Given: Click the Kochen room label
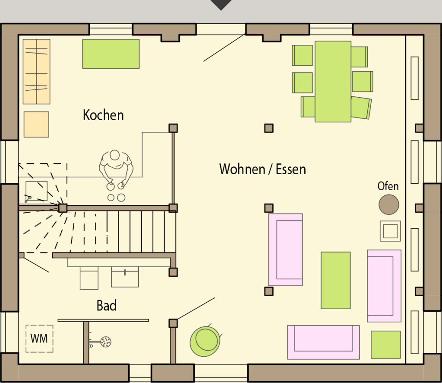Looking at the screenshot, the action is pos(103,115).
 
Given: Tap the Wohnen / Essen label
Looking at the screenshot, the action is pos(262,169).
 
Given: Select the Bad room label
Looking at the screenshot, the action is pos(107,305).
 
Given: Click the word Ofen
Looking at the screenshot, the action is pos(388,186).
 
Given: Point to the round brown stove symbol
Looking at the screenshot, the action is pos(389,204).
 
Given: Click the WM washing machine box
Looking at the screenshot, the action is pos(39,338).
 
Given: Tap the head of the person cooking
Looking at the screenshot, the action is pos(115,155).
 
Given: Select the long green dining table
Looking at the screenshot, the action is pos(333,82).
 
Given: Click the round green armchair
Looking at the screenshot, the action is pos(205,341).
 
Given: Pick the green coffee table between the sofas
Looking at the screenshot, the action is pos(335,280).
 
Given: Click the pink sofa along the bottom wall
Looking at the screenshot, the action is pos(323,342).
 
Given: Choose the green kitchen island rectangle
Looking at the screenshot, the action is pos(111,54).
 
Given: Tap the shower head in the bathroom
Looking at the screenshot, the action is pos(106,342).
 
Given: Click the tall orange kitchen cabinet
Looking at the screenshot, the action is pos(36,72).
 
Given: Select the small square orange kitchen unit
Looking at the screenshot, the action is pos(36,124).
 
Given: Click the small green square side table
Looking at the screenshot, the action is pos(385,345).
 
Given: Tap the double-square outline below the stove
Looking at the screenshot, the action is pos(390,231).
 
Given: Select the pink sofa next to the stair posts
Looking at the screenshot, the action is pos(286,250).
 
